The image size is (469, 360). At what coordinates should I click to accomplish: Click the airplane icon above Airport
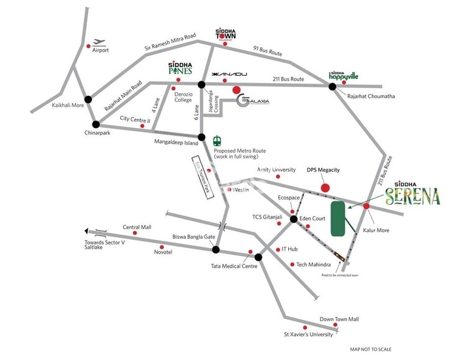click(99, 42)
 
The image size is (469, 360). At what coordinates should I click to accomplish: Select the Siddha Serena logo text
click(412, 195)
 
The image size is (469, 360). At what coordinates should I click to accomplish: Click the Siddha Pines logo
click(181, 68)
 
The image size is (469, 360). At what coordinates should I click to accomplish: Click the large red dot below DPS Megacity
click(324, 187)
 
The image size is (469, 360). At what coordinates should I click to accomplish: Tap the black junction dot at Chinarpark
click(96, 124)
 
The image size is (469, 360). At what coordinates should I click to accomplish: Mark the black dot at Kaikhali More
click(88, 99)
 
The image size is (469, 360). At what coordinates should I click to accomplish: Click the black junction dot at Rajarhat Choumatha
click(333, 86)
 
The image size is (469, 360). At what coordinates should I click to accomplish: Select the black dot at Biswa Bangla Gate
click(216, 250)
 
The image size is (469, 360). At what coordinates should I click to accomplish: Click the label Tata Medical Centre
click(234, 266)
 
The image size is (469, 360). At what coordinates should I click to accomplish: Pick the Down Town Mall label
click(339, 319)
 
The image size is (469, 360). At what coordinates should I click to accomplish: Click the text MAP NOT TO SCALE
click(370, 350)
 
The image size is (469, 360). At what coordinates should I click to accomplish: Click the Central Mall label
click(137, 227)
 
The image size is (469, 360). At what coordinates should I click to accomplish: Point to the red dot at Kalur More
click(367, 206)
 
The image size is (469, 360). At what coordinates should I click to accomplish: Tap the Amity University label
click(276, 170)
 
